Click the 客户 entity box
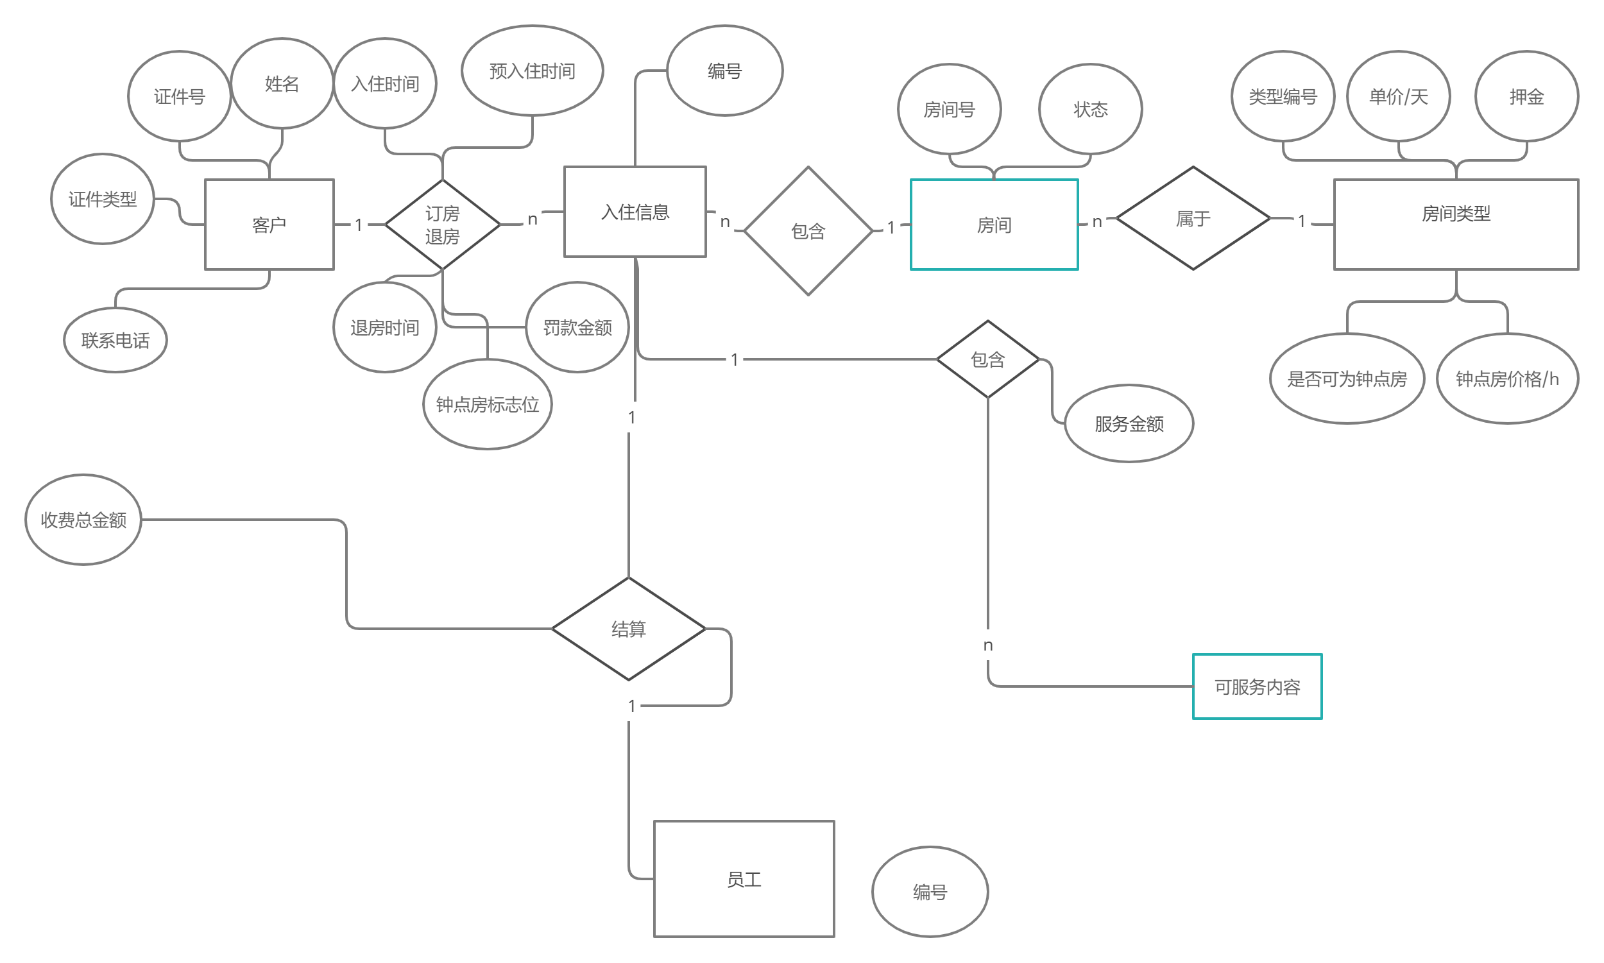click(x=269, y=225)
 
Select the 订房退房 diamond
click(x=443, y=225)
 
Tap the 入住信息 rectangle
click(x=635, y=212)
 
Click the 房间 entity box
click(x=994, y=225)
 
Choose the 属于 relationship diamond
click(x=1193, y=219)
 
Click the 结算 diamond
click(x=628, y=629)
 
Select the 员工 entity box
click(x=744, y=880)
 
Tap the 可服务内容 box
click(x=1257, y=686)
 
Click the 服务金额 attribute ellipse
click(x=1129, y=423)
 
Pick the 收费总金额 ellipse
click(x=83, y=520)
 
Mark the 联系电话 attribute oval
click(x=115, y=340)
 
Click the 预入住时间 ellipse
click(x=532, y=71)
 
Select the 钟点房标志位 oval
click(x=488, y=404)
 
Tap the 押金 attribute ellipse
click(x=1526, y=97)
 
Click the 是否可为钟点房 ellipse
click(x=1347, y=379)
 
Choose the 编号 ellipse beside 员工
click(x=930, y=892)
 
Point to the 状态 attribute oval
click(x=1090, y=109)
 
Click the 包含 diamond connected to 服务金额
click(x=987, y=359)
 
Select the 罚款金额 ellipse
click(x=577, y=327)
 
